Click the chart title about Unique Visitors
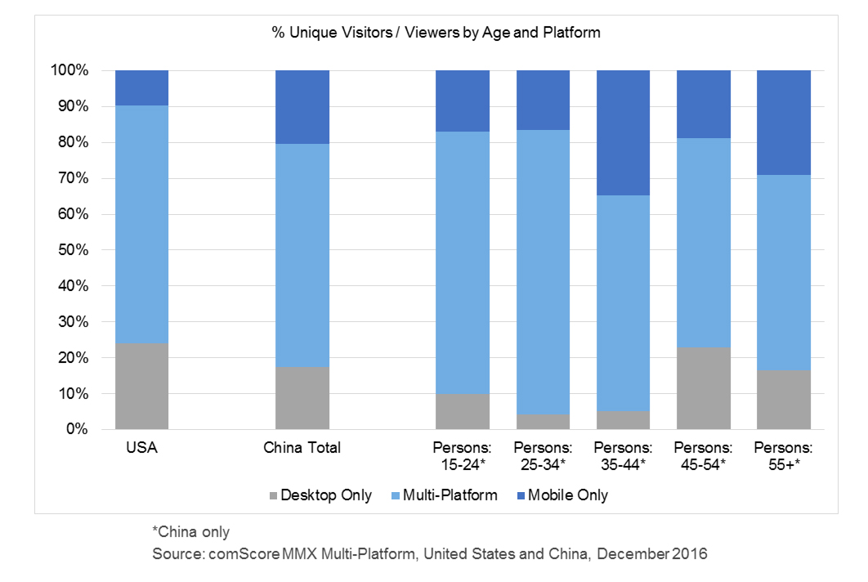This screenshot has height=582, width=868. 436,33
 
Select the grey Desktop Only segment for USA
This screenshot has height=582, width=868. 141,386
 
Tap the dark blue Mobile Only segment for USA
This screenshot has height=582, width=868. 141,87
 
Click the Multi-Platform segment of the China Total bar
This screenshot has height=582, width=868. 302,255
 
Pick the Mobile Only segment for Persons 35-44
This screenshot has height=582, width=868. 623,132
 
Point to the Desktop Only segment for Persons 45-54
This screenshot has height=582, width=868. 703,388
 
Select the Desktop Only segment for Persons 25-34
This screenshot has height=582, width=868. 543,422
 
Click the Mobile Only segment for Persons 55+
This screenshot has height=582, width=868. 783,123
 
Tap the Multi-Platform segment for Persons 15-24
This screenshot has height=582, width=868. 463,262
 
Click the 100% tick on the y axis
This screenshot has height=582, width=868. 72,70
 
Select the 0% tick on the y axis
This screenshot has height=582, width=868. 78,429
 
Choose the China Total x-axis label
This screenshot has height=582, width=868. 302,448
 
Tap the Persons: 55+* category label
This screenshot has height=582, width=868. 783,455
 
